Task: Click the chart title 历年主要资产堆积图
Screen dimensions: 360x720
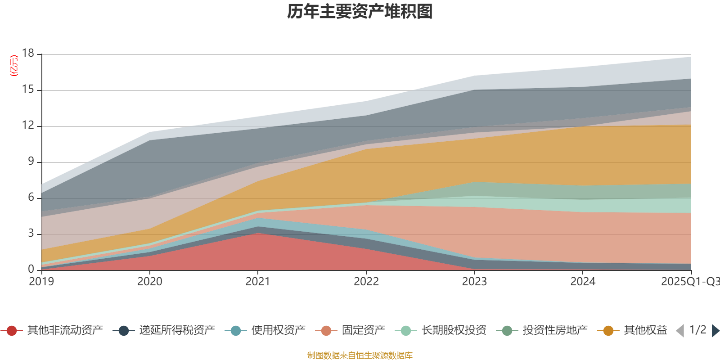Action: point(360,12)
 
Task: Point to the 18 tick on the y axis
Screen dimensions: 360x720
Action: point(28,54)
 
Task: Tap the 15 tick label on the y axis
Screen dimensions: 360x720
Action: point(28,90)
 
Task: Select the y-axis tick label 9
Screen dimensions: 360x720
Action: point(31,162)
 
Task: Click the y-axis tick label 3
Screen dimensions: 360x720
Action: point(31,234)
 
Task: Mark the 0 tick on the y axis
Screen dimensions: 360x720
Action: point(31,269)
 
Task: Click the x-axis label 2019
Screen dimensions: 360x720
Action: point(41,282)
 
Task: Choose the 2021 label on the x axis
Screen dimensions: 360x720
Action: point(257,282)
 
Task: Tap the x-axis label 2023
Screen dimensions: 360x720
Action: point(474,282)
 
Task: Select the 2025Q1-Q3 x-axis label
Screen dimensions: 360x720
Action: point(689,282)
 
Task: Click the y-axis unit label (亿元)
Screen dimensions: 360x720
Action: point(14,66)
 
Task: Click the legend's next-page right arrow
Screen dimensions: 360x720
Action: point(715,331)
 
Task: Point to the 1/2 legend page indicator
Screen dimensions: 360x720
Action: point(697,330)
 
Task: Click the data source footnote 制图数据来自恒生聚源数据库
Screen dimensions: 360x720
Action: point(360,355)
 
